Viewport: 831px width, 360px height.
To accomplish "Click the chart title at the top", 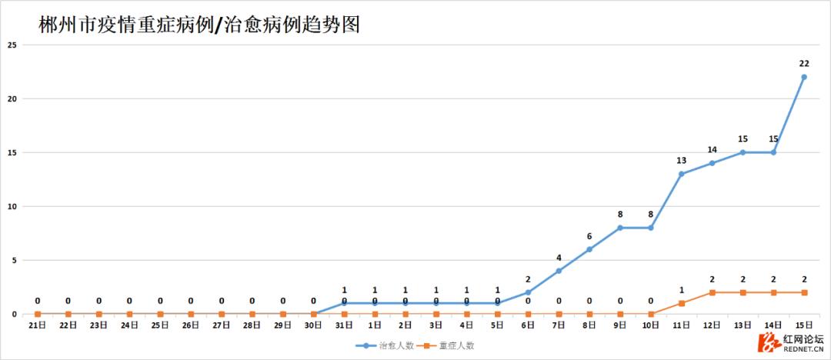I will pos(199,25).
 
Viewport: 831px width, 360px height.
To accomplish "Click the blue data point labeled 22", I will pos(804,77).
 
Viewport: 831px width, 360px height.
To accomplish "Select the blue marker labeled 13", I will pos(681,174).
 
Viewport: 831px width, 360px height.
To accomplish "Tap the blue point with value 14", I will pos(712,163).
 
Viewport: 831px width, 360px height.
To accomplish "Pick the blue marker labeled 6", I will pos(589,249).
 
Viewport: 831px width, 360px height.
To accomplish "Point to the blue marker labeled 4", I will pos(559,271).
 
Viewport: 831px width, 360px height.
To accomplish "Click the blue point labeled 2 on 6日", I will pos(528,292).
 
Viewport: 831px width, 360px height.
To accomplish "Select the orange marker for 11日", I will pos(681,303).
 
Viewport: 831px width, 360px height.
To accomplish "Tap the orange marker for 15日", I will pos(804,292).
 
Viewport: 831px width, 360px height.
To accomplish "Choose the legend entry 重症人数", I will pos(451,345).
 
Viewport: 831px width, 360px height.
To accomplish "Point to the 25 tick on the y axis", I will pos(12,45).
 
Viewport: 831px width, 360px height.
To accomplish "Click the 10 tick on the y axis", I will pos(12,206).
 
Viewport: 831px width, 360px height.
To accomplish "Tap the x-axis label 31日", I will pos(344,325).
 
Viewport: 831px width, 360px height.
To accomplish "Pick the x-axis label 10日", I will pos(650,325).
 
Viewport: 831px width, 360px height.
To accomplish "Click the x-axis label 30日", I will pos(313,325).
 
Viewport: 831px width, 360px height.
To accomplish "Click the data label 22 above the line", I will pos(804,63).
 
